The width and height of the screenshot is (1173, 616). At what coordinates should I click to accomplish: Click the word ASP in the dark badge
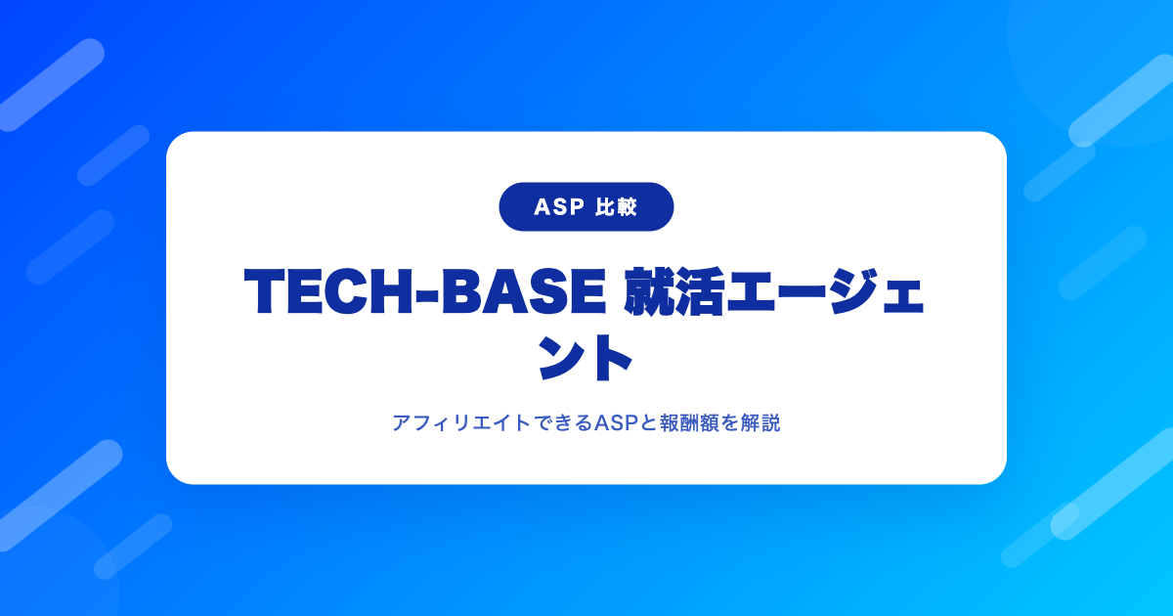tap(559, 207)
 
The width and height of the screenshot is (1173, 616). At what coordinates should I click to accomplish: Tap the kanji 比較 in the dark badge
tap(617, 207)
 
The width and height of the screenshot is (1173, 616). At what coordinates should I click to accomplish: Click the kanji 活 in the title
tap(700, 291)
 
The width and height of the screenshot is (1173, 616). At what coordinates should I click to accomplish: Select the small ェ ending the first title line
tap(903, 297)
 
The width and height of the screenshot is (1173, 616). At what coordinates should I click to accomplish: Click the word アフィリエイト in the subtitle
tap(461, 422)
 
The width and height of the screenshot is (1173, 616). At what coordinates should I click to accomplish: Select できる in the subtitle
tap(563, 422)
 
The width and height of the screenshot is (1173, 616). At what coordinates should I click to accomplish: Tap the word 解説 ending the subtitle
tap(760, 422)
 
